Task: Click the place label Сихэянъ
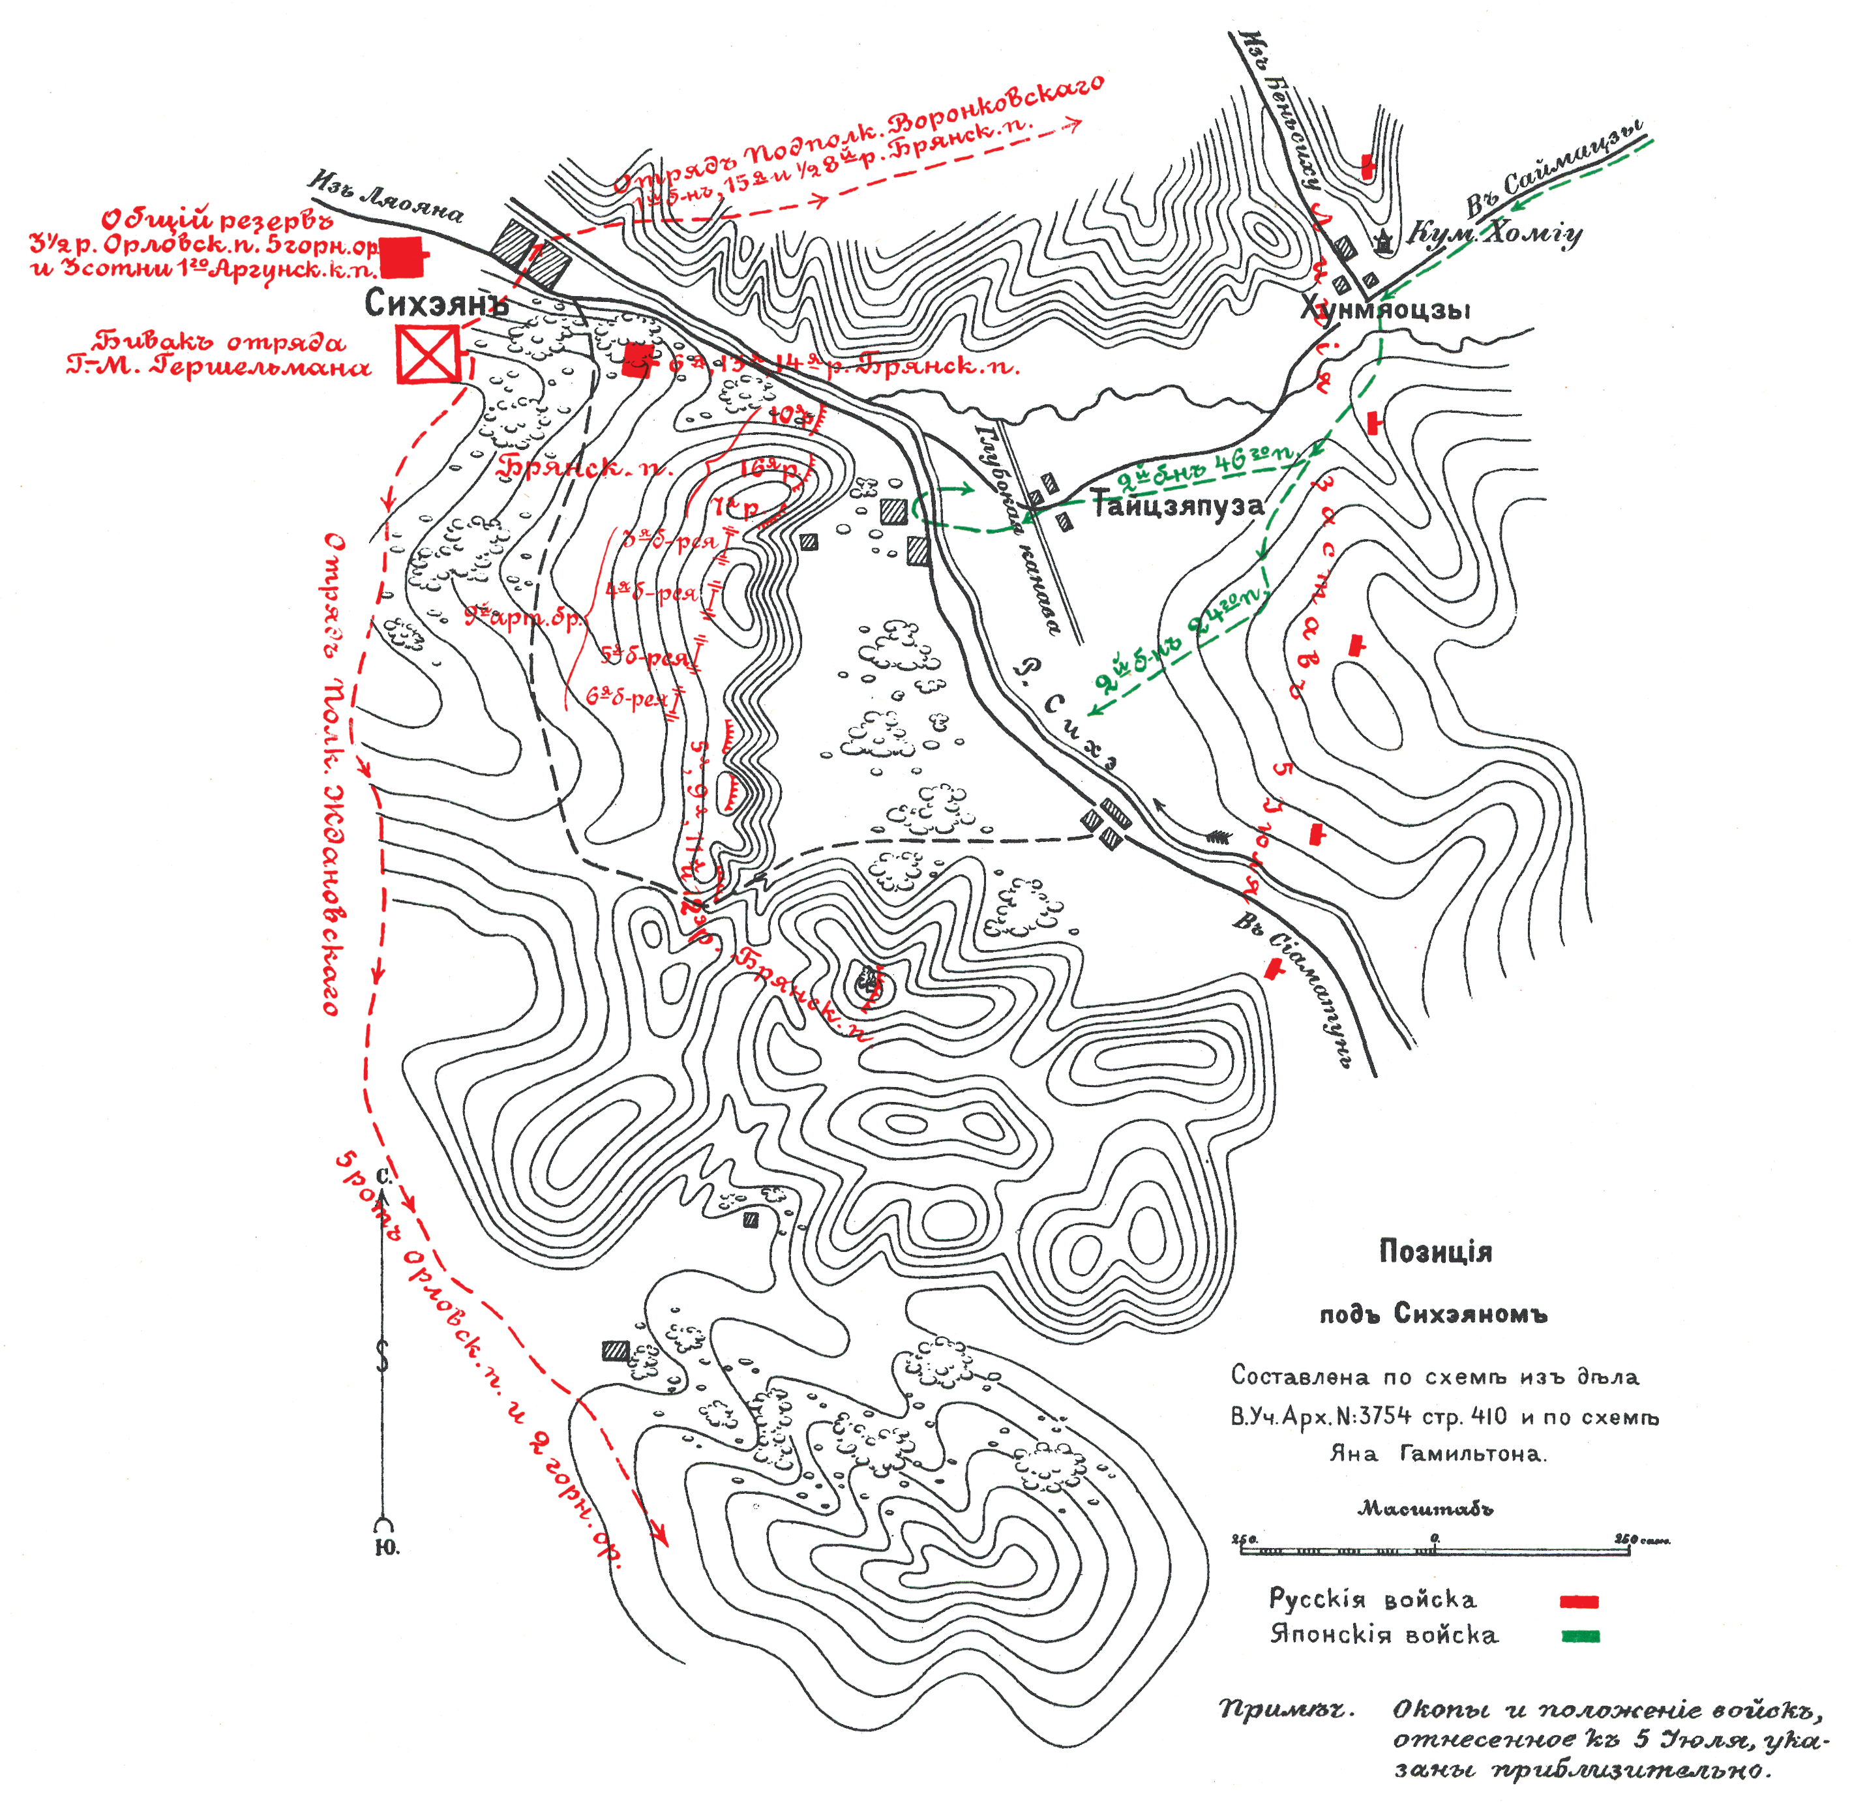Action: click(x=436, y=303)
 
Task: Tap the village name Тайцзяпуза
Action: click(x=1177, y=505)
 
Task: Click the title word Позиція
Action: click(x=1435, y=1252)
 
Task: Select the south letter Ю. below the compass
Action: click(x=386, y=1547)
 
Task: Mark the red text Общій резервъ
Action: click(x=218, y=220)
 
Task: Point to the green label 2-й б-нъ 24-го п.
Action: click(x=1180, y=639)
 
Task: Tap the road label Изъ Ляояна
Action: click(x=386, y=197)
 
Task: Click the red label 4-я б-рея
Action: click(x=651, y=592)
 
